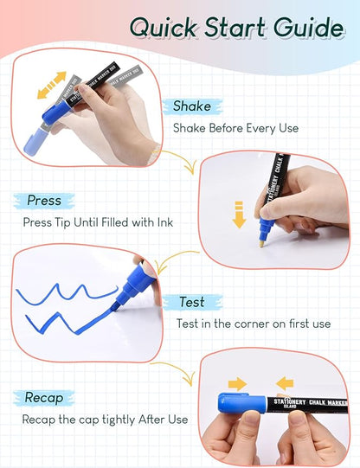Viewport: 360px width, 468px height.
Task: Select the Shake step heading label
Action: coord(191,106)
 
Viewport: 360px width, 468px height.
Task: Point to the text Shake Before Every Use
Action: coord(235,128)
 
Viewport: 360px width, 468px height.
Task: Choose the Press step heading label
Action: coord(44,200)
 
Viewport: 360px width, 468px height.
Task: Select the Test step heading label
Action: coord(191,303)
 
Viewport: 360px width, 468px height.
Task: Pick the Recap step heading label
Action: coord(45,398)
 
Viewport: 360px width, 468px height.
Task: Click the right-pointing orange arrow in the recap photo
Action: coord(237,382)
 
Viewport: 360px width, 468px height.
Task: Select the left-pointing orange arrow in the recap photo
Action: coord(286,382)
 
